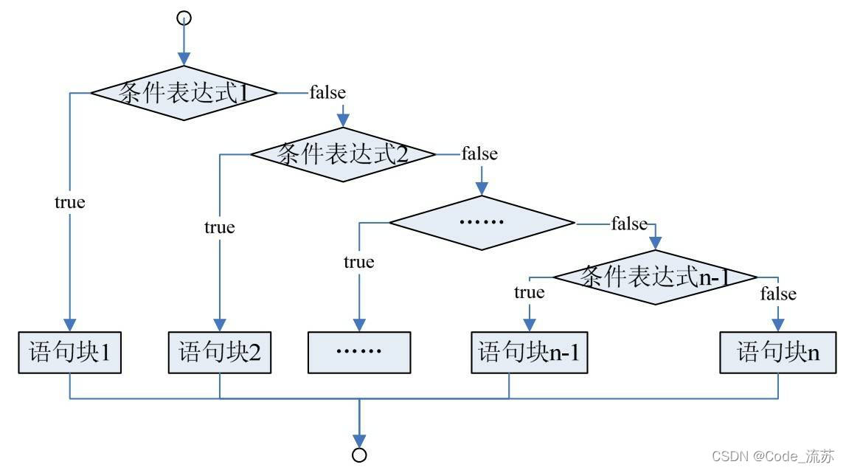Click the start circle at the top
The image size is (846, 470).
184,18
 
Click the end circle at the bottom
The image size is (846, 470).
359,454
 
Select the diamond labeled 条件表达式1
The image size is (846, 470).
184,93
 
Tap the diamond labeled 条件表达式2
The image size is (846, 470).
343,154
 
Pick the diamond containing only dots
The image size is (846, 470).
481,221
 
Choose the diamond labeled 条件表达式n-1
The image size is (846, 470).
656,277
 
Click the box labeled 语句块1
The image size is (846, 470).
69,352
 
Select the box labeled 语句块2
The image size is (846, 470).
220,352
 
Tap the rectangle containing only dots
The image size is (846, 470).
358,352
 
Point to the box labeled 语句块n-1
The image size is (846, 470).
530,352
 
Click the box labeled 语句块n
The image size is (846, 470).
778,352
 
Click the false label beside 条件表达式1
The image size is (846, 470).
327,93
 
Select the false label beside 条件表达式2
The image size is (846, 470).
479,154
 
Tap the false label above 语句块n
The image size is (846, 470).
778,294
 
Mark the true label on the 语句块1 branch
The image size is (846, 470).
69,202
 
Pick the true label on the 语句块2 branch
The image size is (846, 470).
220,227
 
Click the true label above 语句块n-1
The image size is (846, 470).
530,293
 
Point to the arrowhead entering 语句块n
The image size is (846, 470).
778,325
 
